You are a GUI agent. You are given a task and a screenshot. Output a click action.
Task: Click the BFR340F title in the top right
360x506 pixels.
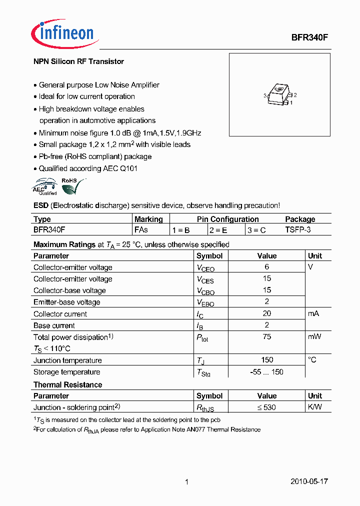point(309,37)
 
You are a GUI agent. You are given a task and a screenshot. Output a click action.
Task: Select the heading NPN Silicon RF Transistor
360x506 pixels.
point(78,61)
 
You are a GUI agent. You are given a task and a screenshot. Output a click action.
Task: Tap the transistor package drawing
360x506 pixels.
point(279,95)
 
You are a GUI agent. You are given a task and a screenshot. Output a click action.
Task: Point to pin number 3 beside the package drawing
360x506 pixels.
point(264,95)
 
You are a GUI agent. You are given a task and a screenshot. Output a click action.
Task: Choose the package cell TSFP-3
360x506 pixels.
point(298,230)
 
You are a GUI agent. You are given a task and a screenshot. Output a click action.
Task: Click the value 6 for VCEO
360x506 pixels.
point(267,267)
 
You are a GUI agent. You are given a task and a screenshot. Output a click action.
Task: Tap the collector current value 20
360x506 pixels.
point(267,313)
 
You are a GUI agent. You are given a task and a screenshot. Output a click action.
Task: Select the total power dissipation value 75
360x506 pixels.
point(267,337)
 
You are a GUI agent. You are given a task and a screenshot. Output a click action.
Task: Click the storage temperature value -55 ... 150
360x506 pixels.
point(267,372)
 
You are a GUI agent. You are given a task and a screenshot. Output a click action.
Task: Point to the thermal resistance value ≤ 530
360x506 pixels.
point(267,407)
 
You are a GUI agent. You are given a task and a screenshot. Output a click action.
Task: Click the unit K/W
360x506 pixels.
point(315,407)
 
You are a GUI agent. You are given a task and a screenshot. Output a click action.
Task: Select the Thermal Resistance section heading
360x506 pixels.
point(67,384)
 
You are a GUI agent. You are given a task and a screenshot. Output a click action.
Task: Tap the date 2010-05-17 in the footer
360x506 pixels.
point(309,481)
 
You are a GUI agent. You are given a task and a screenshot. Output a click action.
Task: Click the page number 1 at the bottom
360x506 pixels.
point(186,482)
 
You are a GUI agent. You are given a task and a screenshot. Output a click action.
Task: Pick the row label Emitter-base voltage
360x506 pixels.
point(66,302)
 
